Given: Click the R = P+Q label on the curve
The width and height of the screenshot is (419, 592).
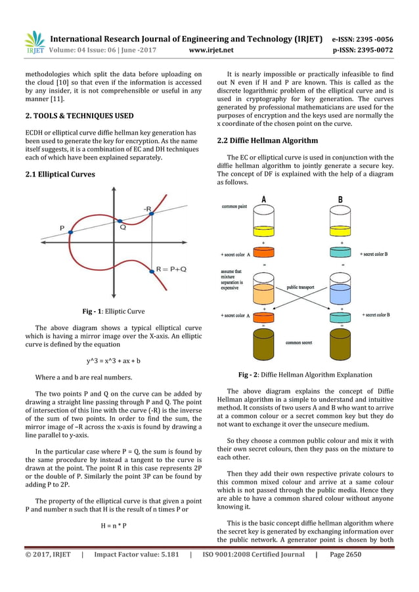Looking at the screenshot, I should (170, 269).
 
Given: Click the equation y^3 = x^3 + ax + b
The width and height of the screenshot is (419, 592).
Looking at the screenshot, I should (114, 360).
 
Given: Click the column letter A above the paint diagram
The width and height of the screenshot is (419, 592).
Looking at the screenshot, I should (263, 200).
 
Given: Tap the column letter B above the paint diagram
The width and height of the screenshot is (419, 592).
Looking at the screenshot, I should (340, 200).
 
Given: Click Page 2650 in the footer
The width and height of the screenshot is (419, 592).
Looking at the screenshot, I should (345, 555).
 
